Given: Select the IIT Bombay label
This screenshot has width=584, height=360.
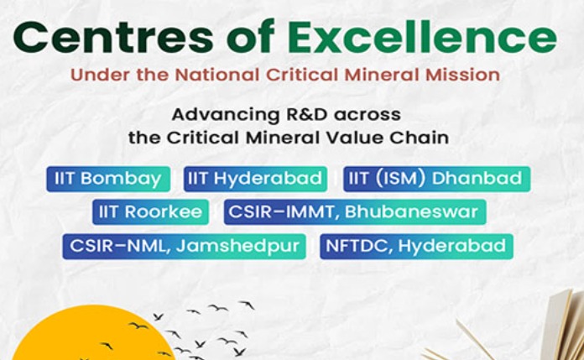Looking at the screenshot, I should (x=107, y=178).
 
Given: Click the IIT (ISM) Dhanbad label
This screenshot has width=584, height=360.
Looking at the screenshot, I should (x=435, y=178).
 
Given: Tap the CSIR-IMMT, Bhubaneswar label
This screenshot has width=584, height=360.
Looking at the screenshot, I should (x=355, y=211).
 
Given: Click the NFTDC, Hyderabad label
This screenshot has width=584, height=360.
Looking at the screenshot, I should (x=416, y=246).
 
